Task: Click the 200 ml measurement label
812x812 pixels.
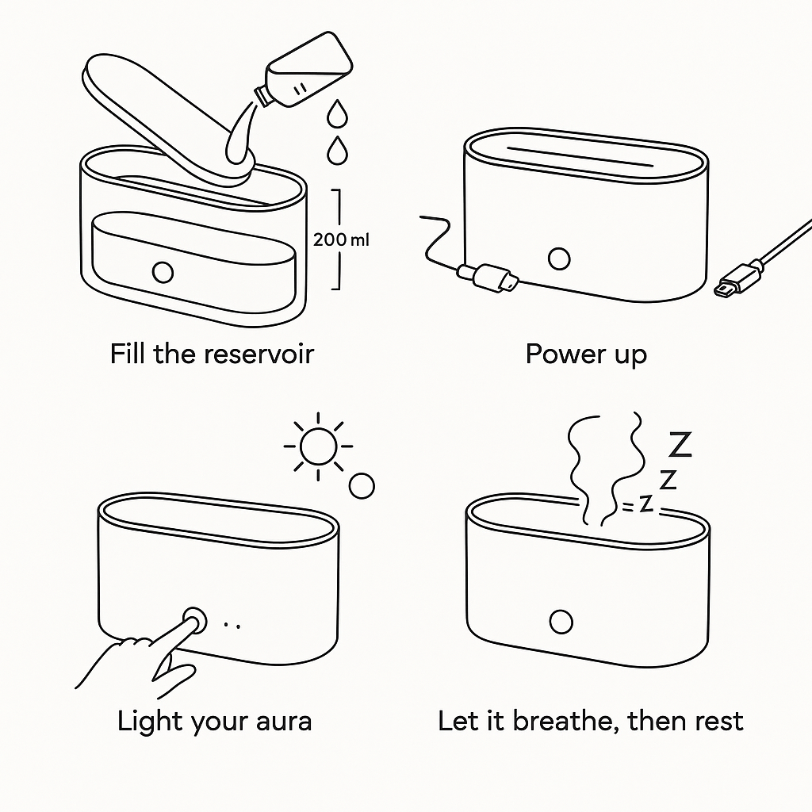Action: click(x=341, y=239)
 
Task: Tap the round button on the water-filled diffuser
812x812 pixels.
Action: click(x=163, y=272)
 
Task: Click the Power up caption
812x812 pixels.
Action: click(x=586, y=354)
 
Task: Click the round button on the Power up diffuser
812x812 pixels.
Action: click(x=560, y=258)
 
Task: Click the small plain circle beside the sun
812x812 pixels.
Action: click(x=362, y=485)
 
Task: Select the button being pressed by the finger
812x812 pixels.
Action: click(x=194, y=621)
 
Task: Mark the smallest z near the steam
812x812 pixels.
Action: click(x=646, y=505)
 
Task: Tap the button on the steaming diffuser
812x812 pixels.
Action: click(x=561, y=622)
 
